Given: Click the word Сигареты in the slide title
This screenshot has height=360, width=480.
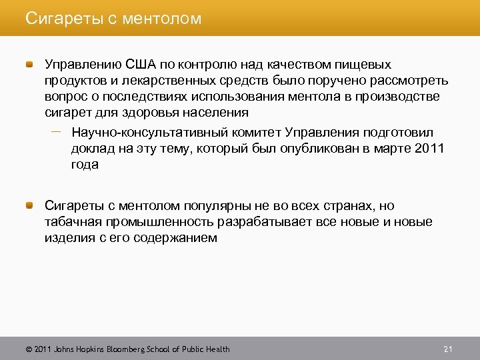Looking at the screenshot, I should click(57, 19).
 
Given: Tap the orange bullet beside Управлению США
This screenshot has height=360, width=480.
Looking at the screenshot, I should click(30, 65).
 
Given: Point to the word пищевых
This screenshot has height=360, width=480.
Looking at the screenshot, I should click(366, 65).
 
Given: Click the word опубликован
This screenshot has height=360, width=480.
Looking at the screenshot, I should click(315, 148).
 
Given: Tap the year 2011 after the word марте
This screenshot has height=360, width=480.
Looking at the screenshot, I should click(429, 148).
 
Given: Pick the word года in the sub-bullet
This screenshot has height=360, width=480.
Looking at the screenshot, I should click(85, 164).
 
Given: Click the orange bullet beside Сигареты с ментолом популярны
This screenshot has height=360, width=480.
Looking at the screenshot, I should click(30, 205).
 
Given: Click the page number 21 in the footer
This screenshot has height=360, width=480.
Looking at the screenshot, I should click(447, 349).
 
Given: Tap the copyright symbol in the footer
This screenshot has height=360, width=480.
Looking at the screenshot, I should click(28, 349).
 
